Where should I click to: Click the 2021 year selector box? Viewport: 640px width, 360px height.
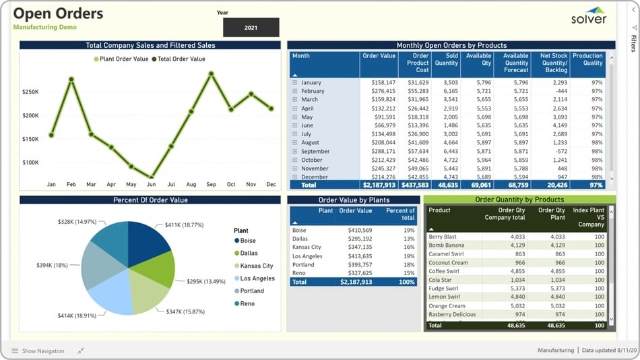coord(251,28)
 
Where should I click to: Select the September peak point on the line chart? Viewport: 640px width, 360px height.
coord(211,73)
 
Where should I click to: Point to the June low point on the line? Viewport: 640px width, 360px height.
coord(151,177)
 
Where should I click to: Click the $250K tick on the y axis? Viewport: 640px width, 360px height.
coord(30,92)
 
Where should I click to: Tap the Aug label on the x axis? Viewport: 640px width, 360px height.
coord(191,184)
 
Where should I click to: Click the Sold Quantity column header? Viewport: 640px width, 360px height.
coord(446,60)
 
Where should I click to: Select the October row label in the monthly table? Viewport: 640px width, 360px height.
coord(312,160)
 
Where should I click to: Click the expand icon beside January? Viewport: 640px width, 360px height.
coord(294,82)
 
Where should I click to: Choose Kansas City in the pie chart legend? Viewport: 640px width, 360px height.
coord(257,266)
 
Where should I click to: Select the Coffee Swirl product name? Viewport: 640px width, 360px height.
coord(444,272)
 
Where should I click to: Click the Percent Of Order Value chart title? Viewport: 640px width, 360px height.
coord(150,200)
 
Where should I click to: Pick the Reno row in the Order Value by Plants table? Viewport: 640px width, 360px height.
coord(299,273)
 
